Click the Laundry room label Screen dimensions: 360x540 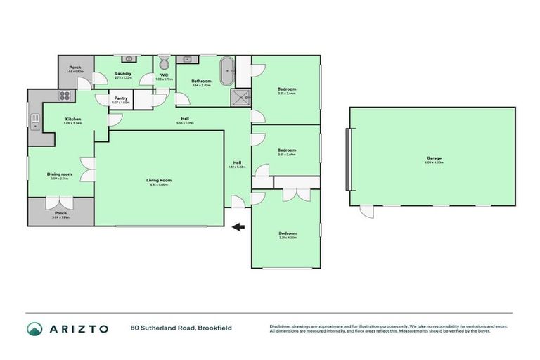(x=124, y=73)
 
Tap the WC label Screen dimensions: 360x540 (x=164, y=75)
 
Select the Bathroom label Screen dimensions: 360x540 (x=202, y=82)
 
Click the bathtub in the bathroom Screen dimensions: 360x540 (x=227, y=72)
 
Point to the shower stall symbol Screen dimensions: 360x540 (x=242, y=97)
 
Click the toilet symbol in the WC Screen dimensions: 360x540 (x=164, y=61)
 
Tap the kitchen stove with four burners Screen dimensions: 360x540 (x=64, y=96)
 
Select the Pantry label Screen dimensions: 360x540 (x=120, y=98)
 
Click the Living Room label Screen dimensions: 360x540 (x=159, y=180)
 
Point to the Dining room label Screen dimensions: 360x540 (x=59, y=174)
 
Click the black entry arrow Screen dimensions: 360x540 (x=239, y=226)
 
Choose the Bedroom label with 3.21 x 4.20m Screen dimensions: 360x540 (x=286, y=233)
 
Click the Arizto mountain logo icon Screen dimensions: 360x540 (x=34, y=329)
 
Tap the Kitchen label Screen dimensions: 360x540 (x=74, y=120)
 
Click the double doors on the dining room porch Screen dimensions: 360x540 (x=59, y=204)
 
